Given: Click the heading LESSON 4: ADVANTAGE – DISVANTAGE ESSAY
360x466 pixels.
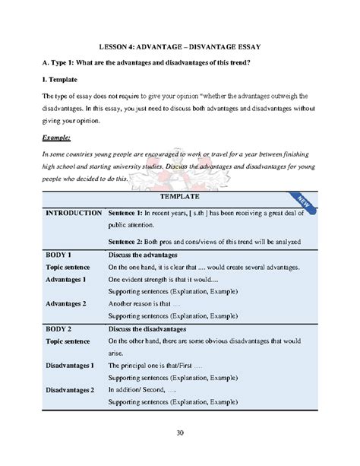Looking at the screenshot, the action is (x=179, y=45).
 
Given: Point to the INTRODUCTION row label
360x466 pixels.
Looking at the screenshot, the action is (x=74, y=214).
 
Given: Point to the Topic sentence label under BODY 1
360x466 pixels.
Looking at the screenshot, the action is (x=68, y=268).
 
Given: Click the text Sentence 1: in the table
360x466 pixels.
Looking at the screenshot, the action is (x=131, y=214).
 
